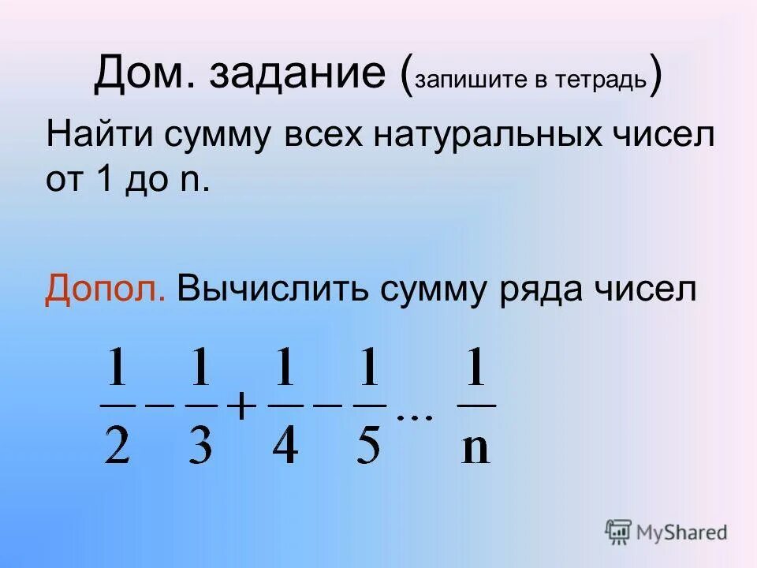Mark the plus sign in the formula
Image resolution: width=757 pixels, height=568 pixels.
pyautogui.click(x=242, y=408)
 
